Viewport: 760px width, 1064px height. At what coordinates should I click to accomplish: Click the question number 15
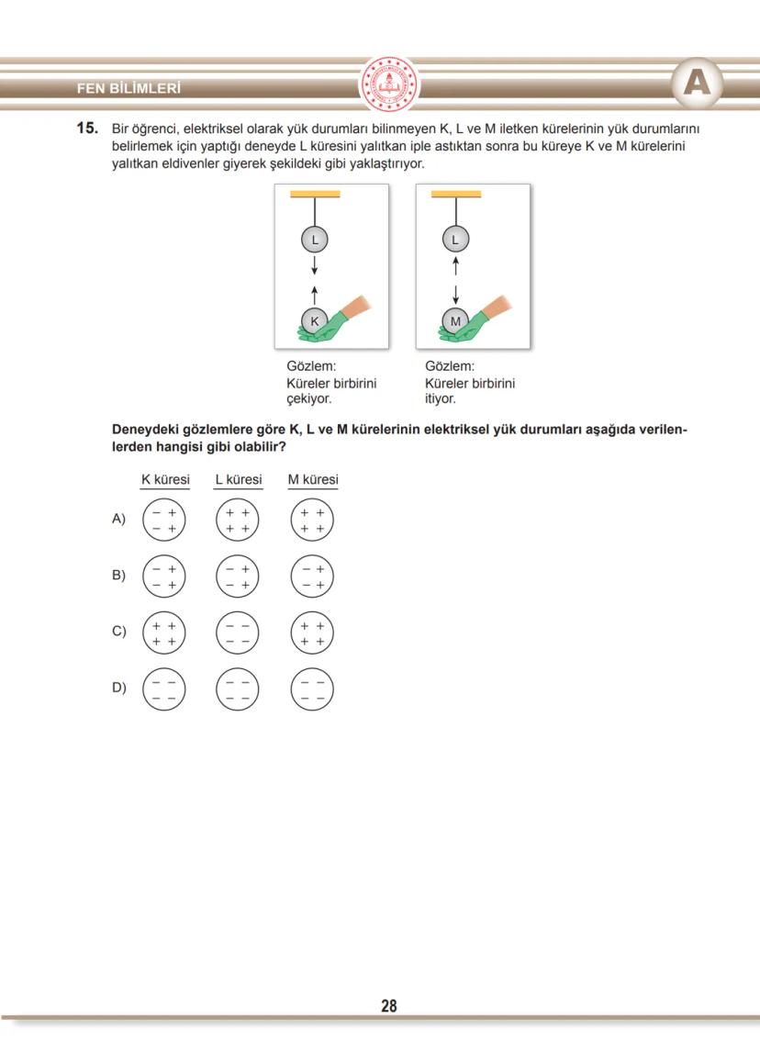tap(86, 129)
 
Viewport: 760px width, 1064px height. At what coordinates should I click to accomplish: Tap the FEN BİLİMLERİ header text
tap(129, 89)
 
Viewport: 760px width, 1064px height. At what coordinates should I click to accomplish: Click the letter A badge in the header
tap(697, 84)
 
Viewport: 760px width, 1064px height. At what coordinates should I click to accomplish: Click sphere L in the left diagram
tap(315, 240)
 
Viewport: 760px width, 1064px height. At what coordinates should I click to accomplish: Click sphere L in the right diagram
tap(455, 240)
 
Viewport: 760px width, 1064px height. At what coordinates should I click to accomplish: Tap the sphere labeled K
tap(314, 321)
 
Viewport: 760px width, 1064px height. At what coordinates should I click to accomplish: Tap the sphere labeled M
tap(455, 321)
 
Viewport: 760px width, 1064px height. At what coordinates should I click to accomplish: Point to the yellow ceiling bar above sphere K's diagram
tap(315, 195)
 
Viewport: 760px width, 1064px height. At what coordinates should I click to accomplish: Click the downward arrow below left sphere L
tap(315, 265)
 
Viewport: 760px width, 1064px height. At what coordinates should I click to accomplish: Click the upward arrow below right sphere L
tap(455, 265)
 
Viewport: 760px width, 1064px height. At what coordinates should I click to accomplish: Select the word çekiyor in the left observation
tap(309, 399)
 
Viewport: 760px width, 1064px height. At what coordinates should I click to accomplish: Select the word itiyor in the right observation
tap(441, 399)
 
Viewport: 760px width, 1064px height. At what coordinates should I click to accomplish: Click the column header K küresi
tap(165, 480)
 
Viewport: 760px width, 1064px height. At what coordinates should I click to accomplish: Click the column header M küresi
tap(313, 480)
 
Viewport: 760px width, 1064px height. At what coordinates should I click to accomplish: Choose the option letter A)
tap(118, 520)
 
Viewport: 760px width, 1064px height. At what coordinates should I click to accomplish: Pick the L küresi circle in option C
tap(238, 633)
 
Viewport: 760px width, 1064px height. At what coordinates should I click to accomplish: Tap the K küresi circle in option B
tap(164, 577)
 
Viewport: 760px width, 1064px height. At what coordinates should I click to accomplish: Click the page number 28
tap(389, 1006)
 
